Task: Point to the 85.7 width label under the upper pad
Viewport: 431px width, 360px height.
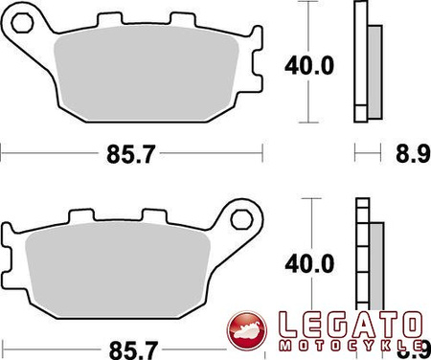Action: tap(130, 151)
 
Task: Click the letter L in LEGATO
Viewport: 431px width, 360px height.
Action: tap(284, 326)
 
